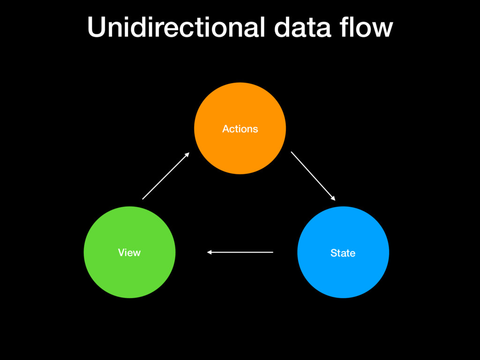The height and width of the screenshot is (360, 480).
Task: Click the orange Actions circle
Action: pyautogui.click(x=240, y=128)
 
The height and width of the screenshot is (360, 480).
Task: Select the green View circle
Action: pyautogui.click(x=129, y=252)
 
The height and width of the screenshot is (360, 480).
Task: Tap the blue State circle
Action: pyautogui.click(x=343, y=252)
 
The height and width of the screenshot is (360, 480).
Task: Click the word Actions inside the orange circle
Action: pyautogui.click(x=240, y=129)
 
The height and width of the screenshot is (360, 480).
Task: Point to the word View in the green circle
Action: pyautogui.click(x=129, y=253)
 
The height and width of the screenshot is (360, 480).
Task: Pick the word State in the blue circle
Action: pyautogui.click(x=343, y=253)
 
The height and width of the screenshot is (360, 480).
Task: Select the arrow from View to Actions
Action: pyautogui.click(x=166, y=176)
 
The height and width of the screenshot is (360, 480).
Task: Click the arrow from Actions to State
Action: pyautogui.click(x=313, y=176)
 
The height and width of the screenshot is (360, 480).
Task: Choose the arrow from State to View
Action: pyautogui.click(x=240, y=252)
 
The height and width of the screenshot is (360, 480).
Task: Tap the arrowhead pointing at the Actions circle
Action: pyautogui.click(x=187, y=155)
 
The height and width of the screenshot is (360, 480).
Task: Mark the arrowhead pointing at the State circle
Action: pyautogui.click(x=333, y=198)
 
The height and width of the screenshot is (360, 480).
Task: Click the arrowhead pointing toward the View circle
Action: pyautogui.click(x=210, y=252)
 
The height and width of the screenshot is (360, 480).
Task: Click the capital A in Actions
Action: pyautogui.click(x=226, y=129)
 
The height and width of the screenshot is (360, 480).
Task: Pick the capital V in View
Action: pyautogui.click(x=122, y=253)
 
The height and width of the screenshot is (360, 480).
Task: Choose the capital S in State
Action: pyautogui.click(x=334, y=253)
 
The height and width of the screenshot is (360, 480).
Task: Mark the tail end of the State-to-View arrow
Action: pyautogui.click(x=273, y=252)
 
